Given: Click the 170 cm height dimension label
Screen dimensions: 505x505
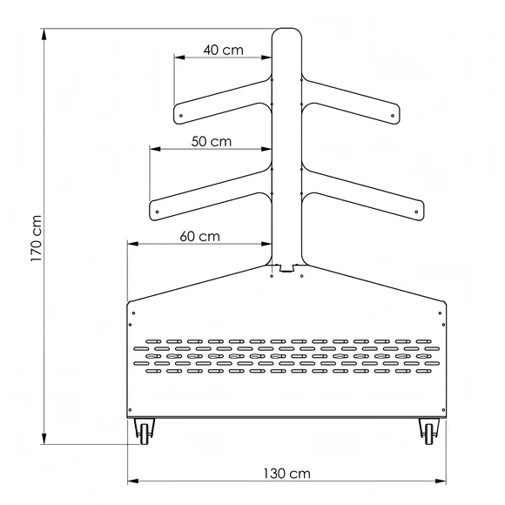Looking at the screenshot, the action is pos(37,239).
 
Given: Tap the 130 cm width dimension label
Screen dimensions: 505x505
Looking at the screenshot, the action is pos(287,474).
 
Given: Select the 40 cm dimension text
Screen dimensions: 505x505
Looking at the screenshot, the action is pos(223,50).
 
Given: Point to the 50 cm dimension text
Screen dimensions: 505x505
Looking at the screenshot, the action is pos(212,141).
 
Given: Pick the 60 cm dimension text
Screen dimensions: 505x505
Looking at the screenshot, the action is pos(199,237).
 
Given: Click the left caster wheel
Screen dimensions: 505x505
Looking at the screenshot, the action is pos(145,432).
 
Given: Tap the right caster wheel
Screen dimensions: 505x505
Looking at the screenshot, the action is pos(429,432).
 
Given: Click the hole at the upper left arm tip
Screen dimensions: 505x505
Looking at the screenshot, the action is pos(181,116).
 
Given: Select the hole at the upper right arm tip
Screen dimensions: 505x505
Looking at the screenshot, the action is pos(393,116).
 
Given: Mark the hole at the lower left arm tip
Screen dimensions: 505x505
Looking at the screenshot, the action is pos(158,212).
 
